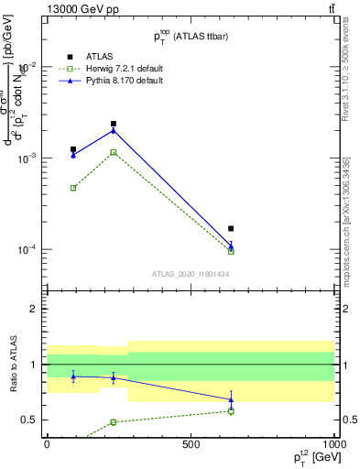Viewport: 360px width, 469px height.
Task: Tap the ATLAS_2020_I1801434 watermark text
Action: [190, 274]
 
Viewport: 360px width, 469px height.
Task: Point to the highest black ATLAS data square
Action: [114, 124]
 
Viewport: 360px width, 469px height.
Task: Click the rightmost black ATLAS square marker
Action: [231, 228]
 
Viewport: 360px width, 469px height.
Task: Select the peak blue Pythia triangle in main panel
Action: [114, 130]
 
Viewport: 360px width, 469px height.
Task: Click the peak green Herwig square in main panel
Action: [114, 152]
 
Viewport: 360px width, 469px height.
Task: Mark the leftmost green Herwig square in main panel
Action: [73, 188]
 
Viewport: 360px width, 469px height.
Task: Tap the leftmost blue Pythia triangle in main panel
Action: [73, 155]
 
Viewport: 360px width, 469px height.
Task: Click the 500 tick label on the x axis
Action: [191, 444]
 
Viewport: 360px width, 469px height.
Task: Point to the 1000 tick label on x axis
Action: [333, 444]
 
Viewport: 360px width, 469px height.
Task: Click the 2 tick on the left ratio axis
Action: [35, 310]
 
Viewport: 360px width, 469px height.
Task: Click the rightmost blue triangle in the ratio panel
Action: [231, 398]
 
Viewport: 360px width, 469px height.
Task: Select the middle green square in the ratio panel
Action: [114, 422]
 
